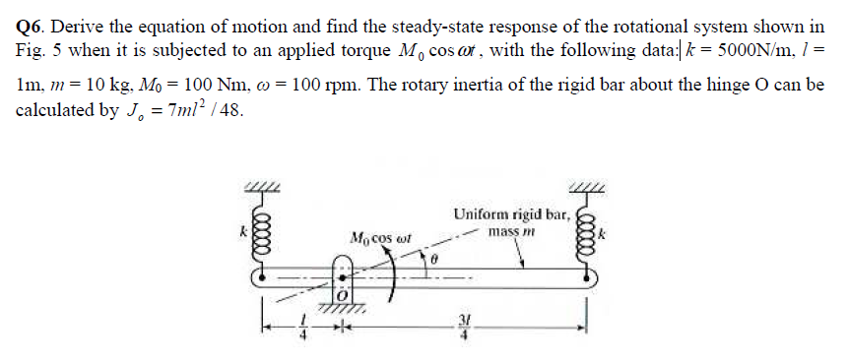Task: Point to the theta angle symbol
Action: [x=431, y=258]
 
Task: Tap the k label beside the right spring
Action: [x=610, y=234]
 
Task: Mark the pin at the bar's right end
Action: [x=592, y=279]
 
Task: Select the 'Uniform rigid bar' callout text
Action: [x=510, y=213]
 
